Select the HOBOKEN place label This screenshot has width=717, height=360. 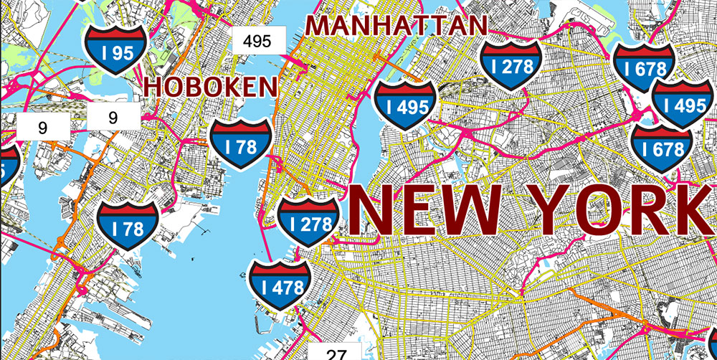coord(211,87)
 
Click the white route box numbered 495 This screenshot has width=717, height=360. coord(257,40)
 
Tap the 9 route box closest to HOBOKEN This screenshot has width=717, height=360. coord(113,116)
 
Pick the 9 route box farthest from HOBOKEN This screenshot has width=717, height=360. coord(42,128)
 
